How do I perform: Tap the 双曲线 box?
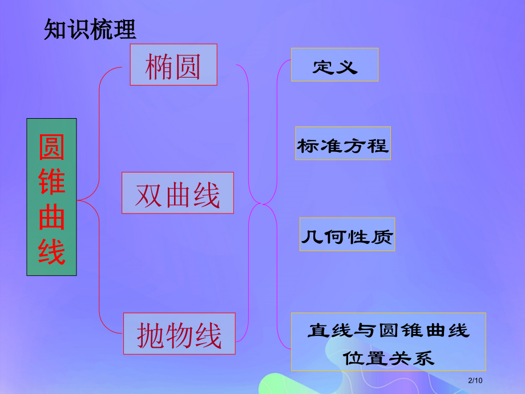click(x=177, y=193)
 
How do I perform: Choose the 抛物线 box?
click(x=179, y=333)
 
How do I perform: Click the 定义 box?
click(x=334, y=65)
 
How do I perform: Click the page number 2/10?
click(x=474, y=381)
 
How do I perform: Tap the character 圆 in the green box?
click(x=51, y=147)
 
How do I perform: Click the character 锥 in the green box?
click(x=51, y=182)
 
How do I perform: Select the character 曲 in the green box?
click(x=51, y=217)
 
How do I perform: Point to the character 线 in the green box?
click(x=51, y=251)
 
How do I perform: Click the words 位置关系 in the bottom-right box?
click(x=388, y=358)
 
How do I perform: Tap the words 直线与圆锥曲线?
click(x=388, y=330)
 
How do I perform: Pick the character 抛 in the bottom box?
click(x=151, y=334)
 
